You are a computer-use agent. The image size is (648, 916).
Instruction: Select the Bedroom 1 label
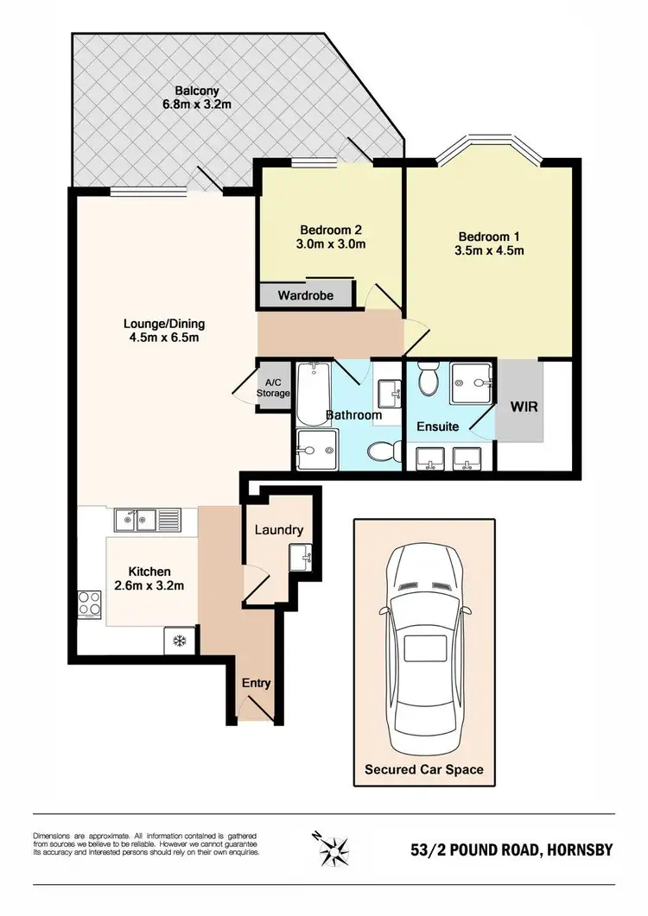pos(489,236)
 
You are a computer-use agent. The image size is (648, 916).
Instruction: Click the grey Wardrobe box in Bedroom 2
pos(306,295)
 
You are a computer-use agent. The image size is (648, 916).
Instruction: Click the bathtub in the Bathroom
pos(308,394)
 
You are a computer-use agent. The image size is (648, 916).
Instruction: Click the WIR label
pos(524,406)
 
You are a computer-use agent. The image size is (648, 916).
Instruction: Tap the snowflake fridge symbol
pos(181,641)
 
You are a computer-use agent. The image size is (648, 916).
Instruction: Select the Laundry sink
pos(302,557)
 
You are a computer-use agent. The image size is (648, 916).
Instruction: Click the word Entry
pos(256,683)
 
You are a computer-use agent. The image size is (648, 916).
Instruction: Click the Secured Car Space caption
pos(423,768)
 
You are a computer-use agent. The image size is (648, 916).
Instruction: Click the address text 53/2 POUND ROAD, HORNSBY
pos(511,850)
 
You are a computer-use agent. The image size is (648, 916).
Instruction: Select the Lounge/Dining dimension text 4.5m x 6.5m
pos(163,338)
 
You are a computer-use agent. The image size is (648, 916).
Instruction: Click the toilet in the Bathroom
pos(380,451)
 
